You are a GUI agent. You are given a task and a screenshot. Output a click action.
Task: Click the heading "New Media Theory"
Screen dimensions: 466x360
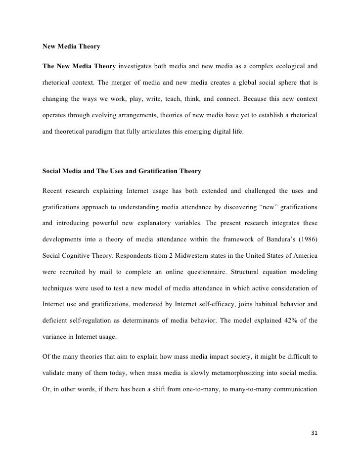point(71,47)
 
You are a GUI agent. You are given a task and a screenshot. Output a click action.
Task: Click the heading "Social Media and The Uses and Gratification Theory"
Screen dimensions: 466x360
point(122,171)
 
